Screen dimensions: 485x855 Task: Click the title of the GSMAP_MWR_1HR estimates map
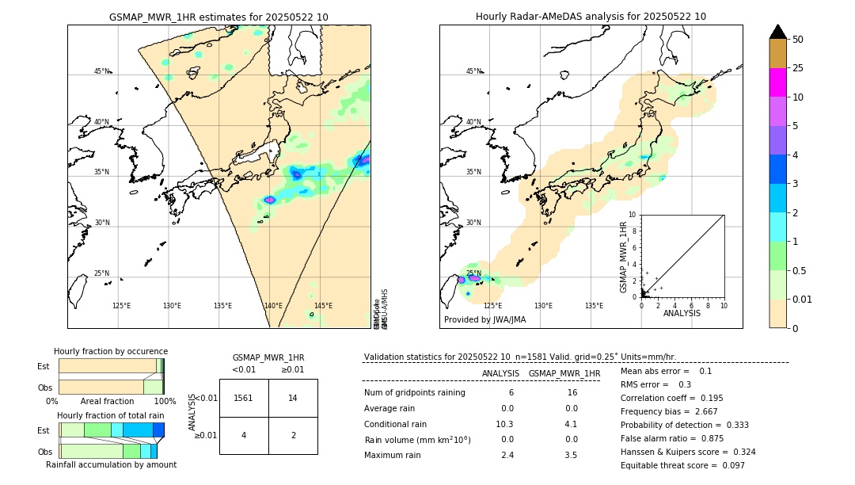point(218,17)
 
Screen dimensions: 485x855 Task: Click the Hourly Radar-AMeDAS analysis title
point(591,17)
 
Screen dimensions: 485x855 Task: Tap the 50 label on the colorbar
point(798,40)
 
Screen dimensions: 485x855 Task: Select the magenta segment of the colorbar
point(777,82)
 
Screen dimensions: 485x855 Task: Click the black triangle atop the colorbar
point(777,32)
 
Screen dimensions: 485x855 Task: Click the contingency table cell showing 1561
point(244,398)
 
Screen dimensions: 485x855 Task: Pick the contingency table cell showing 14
point(293,398)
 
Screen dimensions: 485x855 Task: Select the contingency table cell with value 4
point(244,435)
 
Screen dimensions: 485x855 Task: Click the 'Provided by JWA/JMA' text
point(484,320)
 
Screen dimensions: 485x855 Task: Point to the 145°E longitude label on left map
point(323,306)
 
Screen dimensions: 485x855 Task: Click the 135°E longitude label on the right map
point(594,306)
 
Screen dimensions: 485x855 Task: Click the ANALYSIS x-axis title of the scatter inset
point(682,314)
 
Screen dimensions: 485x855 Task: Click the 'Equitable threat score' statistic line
point(682,465)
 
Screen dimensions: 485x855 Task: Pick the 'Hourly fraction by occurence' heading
point(111,351)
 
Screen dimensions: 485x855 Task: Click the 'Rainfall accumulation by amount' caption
point(111,464)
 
